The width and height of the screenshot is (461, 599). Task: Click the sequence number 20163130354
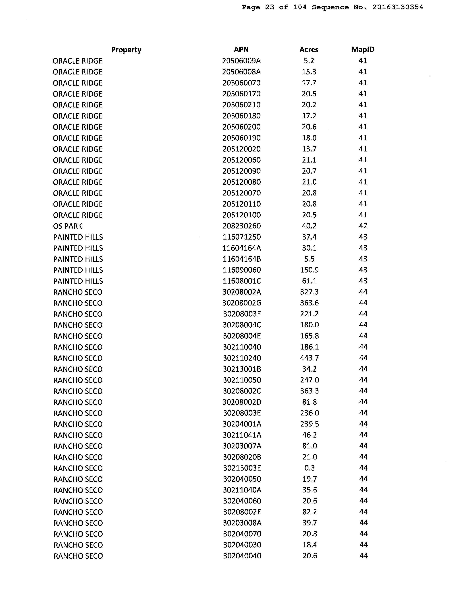[397, 7]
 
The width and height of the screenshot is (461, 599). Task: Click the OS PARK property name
[67, 226]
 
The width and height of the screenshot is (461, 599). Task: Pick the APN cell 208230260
[242, 226]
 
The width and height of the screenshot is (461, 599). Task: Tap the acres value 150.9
[309, 270]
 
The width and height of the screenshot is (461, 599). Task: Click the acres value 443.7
[309, 358]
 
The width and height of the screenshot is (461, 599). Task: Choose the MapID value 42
[363, 226]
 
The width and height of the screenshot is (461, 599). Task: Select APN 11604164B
[242, 259]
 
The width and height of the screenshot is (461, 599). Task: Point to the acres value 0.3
[309, 468]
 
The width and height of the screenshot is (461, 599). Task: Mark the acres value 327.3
[309, 292]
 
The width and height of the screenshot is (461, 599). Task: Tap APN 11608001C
[242, 281]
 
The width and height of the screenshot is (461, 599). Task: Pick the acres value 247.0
[309, 380]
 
